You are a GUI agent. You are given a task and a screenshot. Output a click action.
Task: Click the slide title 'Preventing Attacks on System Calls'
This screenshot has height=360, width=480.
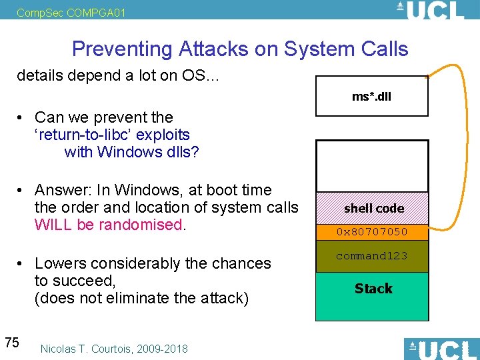tap(240, 49)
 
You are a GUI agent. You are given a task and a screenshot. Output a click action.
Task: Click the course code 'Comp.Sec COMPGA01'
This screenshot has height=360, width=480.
tap(61, 12)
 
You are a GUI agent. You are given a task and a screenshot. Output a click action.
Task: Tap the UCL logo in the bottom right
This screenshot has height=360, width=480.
tap(441, 349)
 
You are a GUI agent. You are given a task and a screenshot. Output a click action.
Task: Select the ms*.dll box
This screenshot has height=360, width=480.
tap(371, 97)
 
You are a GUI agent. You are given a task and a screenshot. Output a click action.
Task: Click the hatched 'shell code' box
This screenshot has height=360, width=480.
tap(371, 208)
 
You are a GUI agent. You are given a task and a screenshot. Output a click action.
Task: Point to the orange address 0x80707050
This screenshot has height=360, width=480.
tap(371, 233)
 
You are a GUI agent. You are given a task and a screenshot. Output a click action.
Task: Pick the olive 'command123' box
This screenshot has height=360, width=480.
tap(371, 257)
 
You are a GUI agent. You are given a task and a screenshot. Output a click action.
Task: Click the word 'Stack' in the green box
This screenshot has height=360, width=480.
tap(373, 289)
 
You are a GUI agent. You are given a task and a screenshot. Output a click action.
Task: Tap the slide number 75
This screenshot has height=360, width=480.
tap(11, 343)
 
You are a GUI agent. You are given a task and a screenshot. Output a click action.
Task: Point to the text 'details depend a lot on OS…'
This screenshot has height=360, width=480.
tap(116, 75)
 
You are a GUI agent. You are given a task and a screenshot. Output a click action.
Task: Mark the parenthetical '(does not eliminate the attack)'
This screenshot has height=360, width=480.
tap(141, 298)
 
